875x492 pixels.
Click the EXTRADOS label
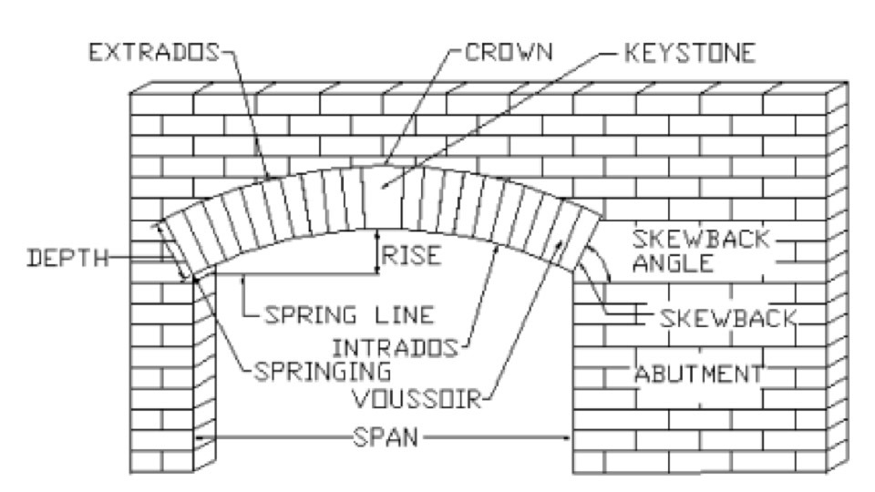(154, 53)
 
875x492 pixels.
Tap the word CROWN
(509, 52)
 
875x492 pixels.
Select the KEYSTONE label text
(689, 53)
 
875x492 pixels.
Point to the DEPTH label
(67, 258)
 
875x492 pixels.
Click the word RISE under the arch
(411, 255)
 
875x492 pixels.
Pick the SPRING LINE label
(349, 315)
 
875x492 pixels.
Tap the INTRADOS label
(395, 348)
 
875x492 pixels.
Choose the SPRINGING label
(323, 371)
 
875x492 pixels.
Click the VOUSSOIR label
(417, 399)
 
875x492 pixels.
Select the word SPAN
(386, 437)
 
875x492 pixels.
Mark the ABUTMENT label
(698, 374)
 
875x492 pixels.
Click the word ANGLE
(673, 262)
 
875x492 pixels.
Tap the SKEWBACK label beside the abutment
(727, 319)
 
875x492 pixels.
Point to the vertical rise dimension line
(377, 251)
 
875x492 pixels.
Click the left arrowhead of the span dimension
(201, 438)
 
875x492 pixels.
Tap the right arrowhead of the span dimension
(566, 438)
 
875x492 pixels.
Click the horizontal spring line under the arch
(285, 274)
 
